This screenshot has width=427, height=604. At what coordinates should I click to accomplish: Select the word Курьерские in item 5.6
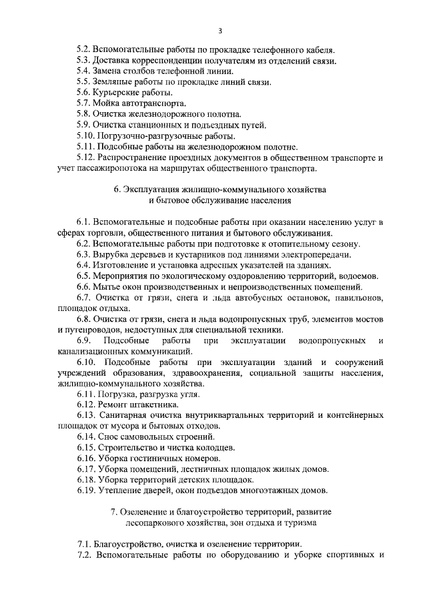point(117,93)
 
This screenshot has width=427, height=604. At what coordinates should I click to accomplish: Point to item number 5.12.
point(86,158)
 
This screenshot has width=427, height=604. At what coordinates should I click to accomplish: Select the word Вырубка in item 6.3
point(111,254)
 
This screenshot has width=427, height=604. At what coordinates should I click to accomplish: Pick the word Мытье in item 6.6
point(107,286)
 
